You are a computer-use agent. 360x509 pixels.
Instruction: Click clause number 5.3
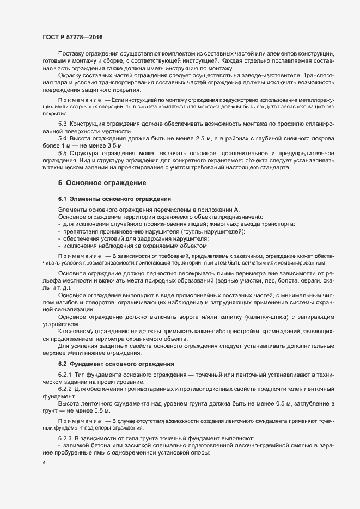(63, 125)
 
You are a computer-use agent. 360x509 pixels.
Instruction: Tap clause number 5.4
(63, 139)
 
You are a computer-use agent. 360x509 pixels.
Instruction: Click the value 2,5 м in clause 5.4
(199, 139)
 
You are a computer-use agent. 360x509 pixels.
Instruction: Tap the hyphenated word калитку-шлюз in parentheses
(266, 316)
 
